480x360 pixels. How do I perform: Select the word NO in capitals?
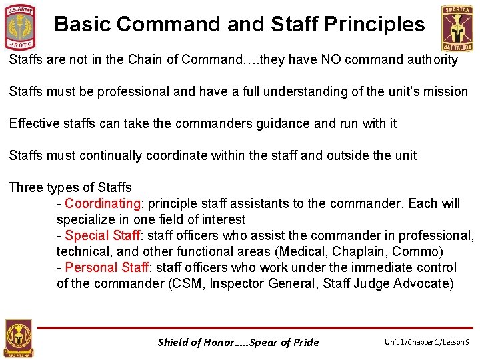(313, 59)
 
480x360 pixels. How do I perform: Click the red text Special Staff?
(103, 235)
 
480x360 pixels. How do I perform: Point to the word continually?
(111, 155)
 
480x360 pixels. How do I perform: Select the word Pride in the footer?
(305, 343)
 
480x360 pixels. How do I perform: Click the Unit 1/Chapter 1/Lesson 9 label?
(427, 342)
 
